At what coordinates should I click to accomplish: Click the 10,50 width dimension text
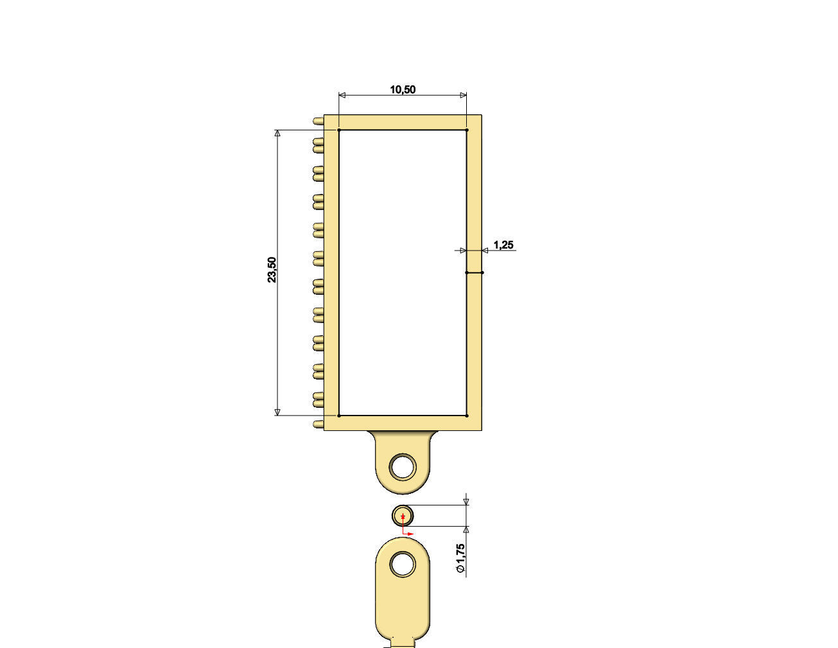point(403,89)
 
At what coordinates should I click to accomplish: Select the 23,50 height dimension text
point(272,270)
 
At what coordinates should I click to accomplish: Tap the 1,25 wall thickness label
point(503,245)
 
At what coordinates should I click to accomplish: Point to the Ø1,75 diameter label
point(460,559)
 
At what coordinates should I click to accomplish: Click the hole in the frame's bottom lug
point(403,466)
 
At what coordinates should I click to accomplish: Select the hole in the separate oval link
point(403,564)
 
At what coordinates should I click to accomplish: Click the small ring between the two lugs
point(403,516)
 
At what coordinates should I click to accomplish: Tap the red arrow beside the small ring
point(410,533)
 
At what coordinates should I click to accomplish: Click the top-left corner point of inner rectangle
point(339,130)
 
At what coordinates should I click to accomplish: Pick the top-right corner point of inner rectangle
point(467,130)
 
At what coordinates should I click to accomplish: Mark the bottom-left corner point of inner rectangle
point(339,416)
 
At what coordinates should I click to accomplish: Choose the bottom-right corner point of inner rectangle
point(467,416)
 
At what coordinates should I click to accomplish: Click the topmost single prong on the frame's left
point(318,121)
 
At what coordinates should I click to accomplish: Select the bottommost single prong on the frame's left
point(318,425)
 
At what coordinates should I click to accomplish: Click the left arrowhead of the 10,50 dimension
point(342,96)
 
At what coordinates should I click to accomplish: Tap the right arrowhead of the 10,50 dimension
point(463,96)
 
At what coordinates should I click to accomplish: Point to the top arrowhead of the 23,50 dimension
point(277,134)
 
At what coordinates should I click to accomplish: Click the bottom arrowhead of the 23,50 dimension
point(277,412)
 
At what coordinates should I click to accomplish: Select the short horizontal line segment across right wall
point(475,272)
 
